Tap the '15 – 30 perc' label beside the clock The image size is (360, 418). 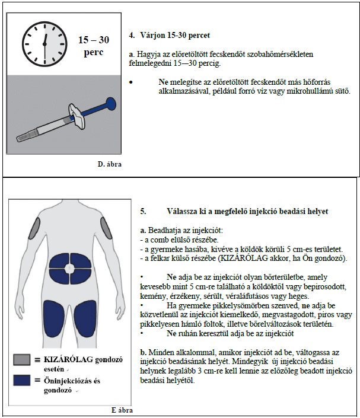point(95,45)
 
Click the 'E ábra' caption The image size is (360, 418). point(122,410)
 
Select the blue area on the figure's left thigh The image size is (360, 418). point(50,321)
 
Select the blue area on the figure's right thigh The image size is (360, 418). point(91,321)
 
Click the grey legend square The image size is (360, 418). point(22,359)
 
